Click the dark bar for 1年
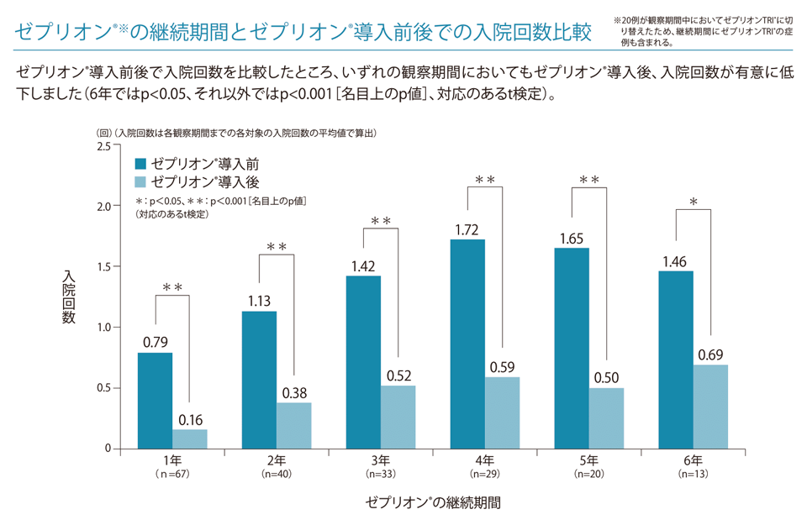pos(156,401)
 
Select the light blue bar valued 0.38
pos(294,425)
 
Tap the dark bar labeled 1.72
pos(467,344)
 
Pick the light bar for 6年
pos(710,407)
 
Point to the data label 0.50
pos(607,379)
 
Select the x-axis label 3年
pos(381,460)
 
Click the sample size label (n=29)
pos(485,475)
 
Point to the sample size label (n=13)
pos(694,475)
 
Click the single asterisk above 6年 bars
pos(694,202)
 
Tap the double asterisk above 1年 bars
pos(172,288)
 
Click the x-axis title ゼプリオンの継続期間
pos(433,504)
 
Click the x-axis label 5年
pos(589,460)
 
